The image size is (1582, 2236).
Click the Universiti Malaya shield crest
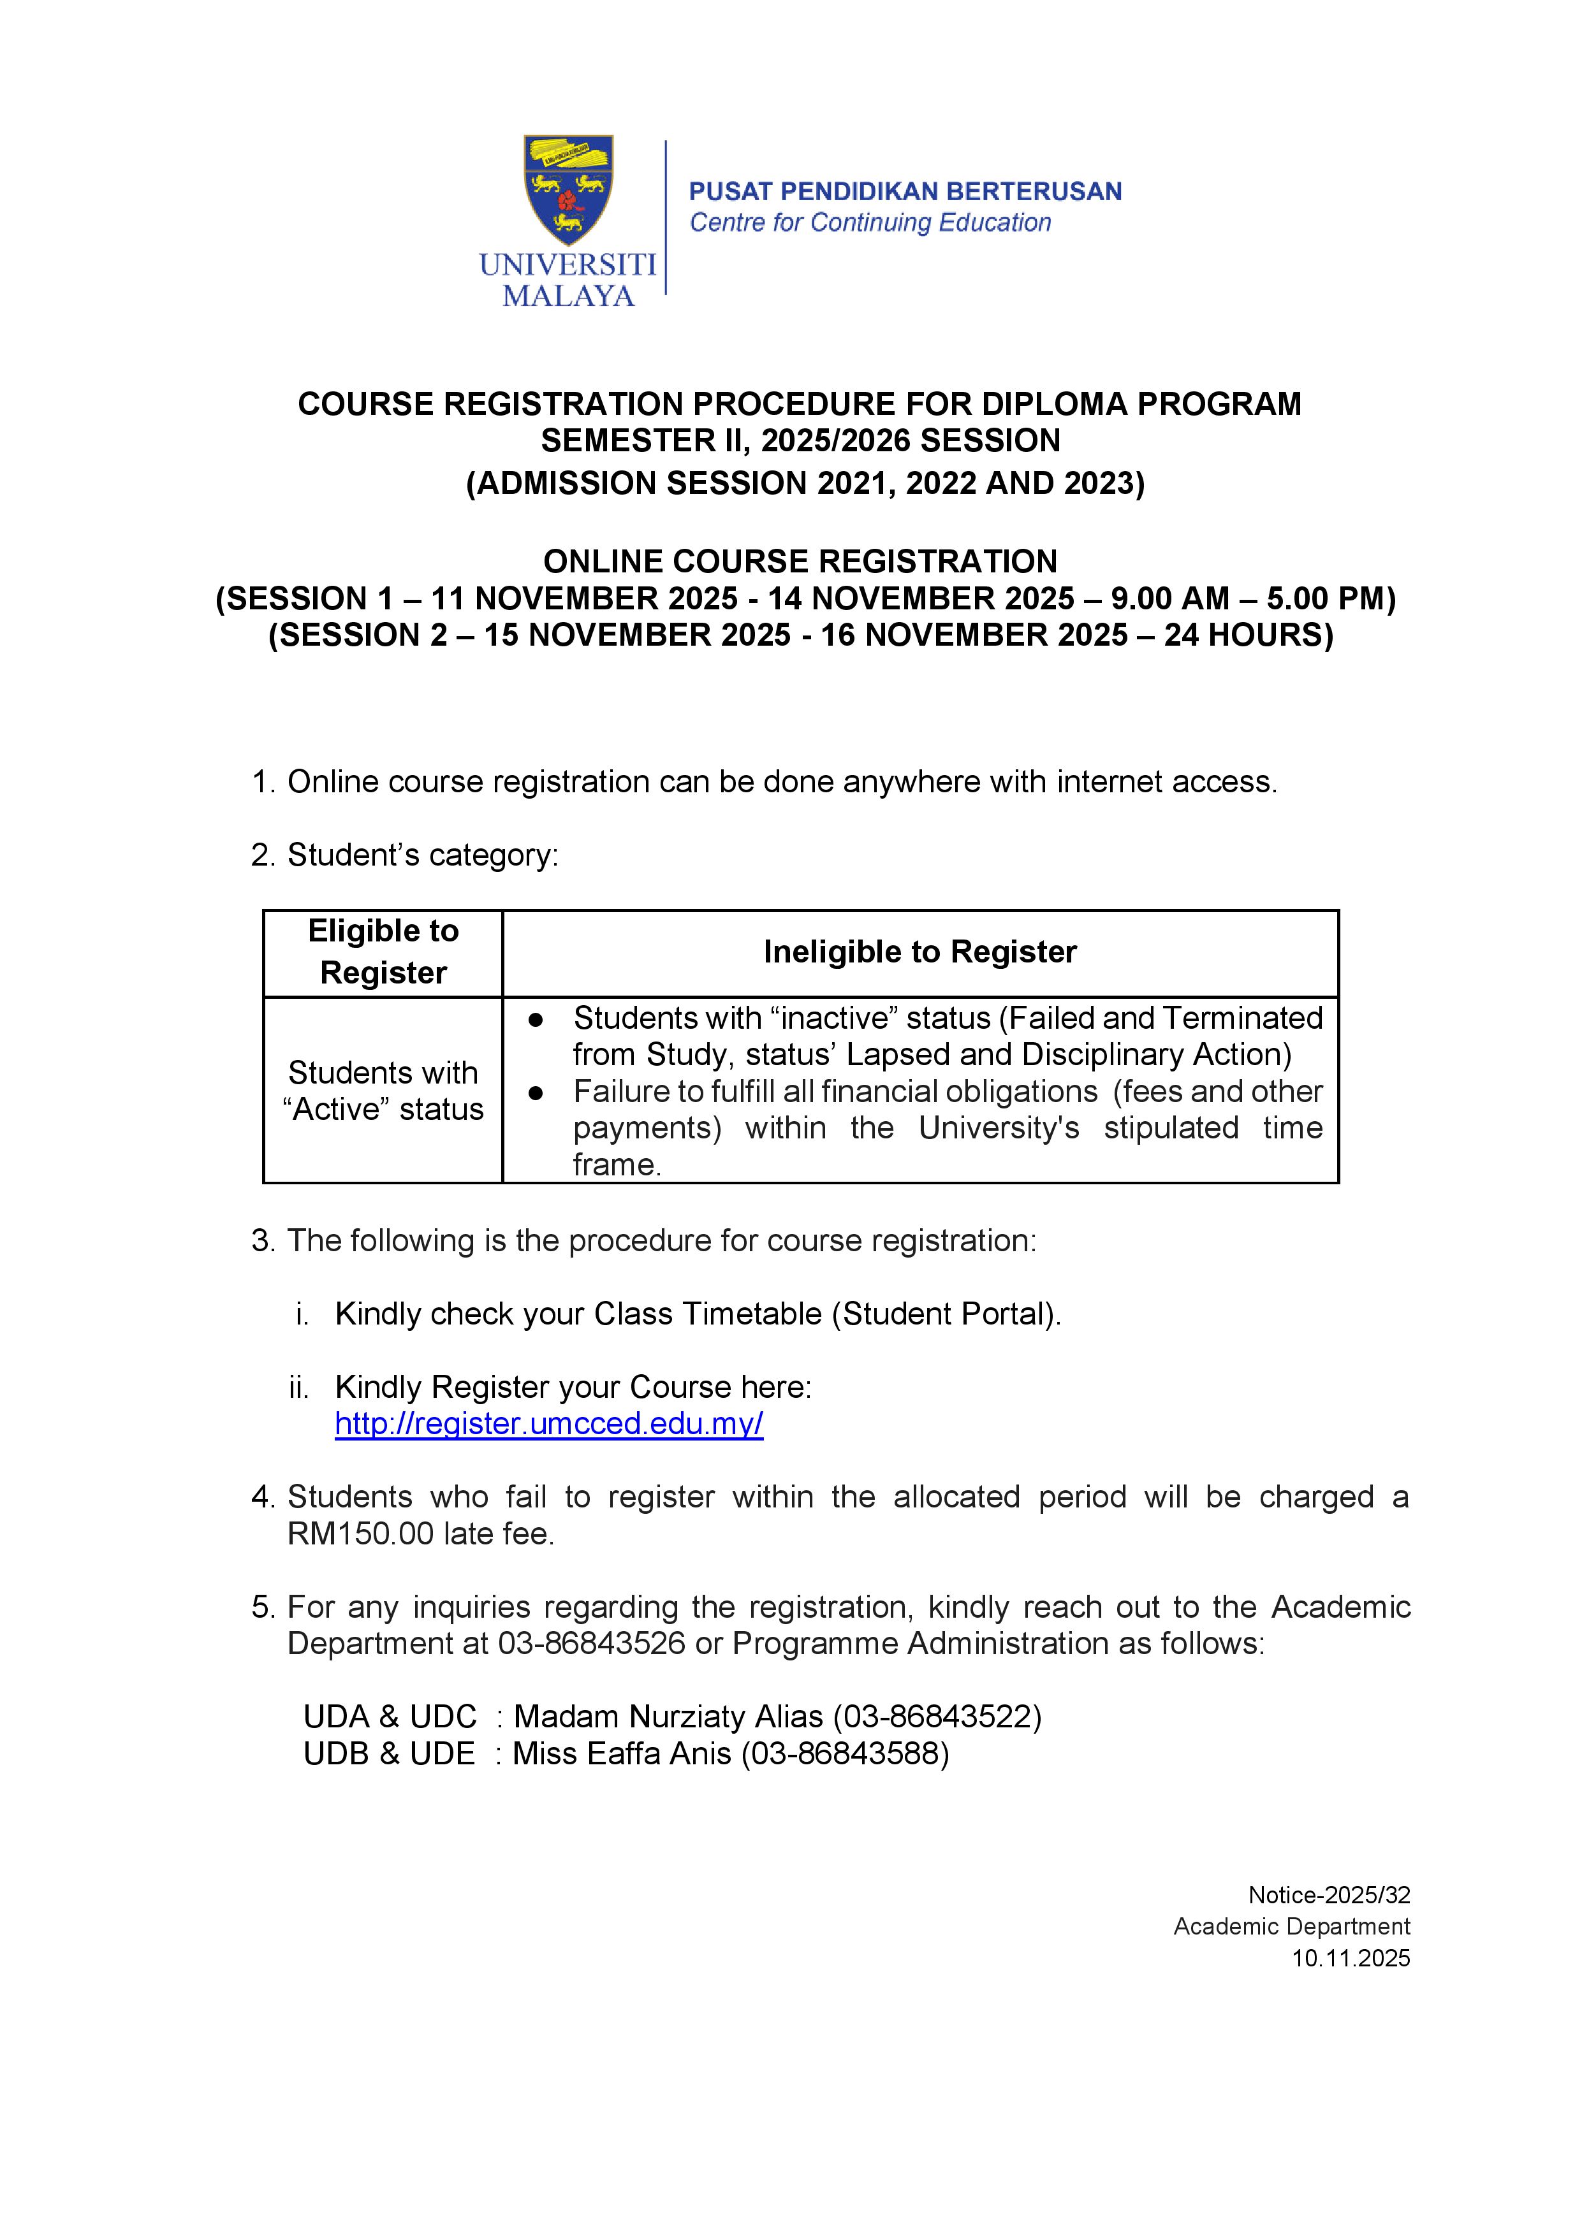pyautogui.click(x=568, y=189)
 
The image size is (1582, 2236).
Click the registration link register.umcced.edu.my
pyautogui.click(x=548, y=1424)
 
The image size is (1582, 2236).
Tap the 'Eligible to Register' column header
pyautogui.click(x=383, y=952)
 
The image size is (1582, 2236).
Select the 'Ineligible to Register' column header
pyautogui.click(x=919, y=952)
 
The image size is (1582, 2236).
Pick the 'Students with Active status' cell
pyautogui.click(x=383, y=1091)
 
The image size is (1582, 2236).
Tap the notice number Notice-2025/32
pyautogui.click(x=1329, y=1894)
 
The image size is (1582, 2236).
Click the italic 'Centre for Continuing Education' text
pyautogui.click(x=870, y=223)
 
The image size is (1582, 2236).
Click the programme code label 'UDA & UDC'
pyautogui.click(x=390, y=1716)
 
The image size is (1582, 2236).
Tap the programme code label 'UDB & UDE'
pyautogui.click(x=389, y=1753)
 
